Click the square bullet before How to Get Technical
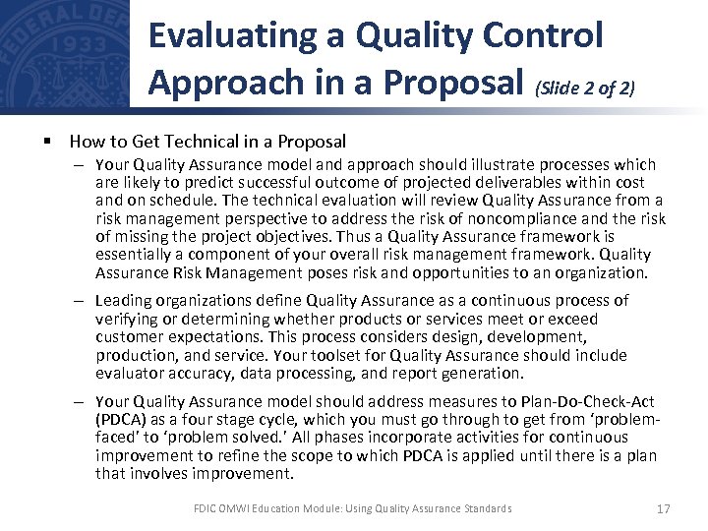click(x=47, y=142)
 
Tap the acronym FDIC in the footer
click(x=206, y=508)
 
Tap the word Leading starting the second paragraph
click(x=125, y=300)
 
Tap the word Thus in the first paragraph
click(x=354, y=236)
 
